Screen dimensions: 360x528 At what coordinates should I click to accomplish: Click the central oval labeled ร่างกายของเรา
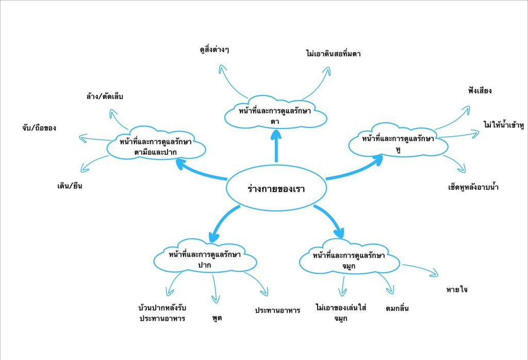(x=276, y=189)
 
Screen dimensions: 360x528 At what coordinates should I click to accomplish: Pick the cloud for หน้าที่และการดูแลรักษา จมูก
(x=350, y=260)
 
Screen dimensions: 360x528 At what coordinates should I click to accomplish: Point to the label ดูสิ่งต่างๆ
(x=214, y=50)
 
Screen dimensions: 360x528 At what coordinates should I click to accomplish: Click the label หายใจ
(x=457, y=290)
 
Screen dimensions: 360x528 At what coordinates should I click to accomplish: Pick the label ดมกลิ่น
(x=397, y=308)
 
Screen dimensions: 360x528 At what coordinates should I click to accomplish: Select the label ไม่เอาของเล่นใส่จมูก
(x=340, y=312)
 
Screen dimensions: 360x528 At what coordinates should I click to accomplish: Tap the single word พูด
(x=217, y=318)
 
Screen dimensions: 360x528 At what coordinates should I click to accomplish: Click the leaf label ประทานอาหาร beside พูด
(x=277, y=310)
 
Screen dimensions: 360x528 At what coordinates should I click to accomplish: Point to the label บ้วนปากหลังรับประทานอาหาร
(x=162, y=313)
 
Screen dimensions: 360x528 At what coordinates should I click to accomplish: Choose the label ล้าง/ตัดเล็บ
(x=105, y=96)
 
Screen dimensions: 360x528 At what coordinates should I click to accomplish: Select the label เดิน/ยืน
(x=70, y=186)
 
